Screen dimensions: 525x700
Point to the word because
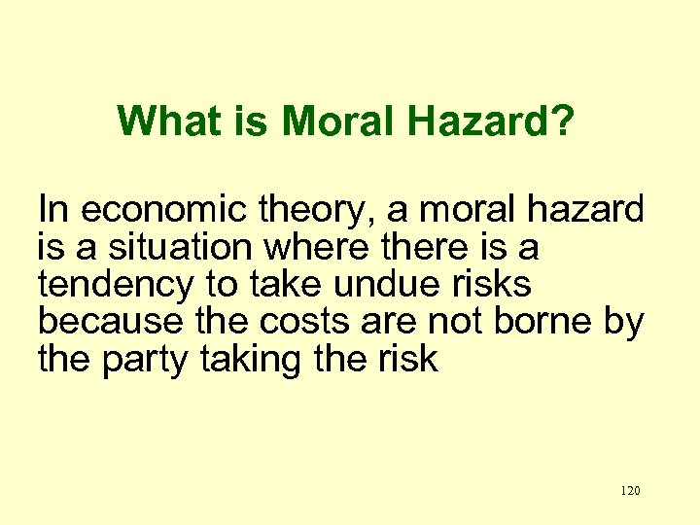105,322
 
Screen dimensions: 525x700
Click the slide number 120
629,491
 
